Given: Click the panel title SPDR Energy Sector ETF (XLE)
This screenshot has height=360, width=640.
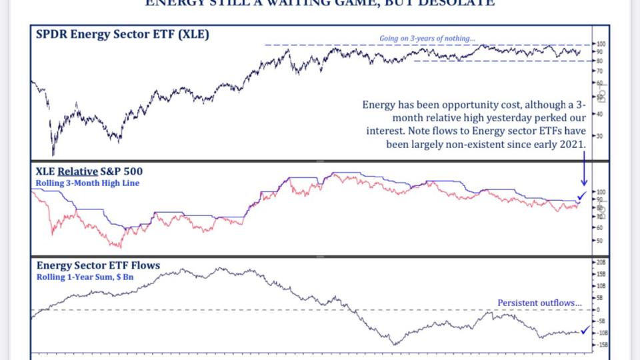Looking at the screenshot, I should (x=123, y=33).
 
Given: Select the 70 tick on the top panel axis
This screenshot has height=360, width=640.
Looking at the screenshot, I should (x=600, y=70).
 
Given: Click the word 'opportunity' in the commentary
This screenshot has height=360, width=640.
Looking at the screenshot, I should (x=458, y=105).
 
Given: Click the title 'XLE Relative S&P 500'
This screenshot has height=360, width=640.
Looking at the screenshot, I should (x=89, y=171).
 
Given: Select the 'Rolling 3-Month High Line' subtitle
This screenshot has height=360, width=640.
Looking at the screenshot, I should (x=88, y=183).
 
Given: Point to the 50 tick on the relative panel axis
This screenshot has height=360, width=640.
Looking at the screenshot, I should (x=600, y=241).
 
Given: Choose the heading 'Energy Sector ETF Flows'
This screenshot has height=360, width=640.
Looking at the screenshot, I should (x=98, y=265).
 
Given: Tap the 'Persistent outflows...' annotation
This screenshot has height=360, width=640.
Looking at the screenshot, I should (x=539, y=303).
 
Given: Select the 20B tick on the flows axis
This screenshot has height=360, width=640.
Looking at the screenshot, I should (x=601, y=263).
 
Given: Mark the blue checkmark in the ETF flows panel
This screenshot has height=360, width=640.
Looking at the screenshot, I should (x=585, y=329).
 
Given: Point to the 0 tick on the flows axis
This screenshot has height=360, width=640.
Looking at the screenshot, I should (x=599, y=310).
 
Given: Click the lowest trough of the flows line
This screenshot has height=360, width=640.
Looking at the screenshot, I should (x=395, y=345).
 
